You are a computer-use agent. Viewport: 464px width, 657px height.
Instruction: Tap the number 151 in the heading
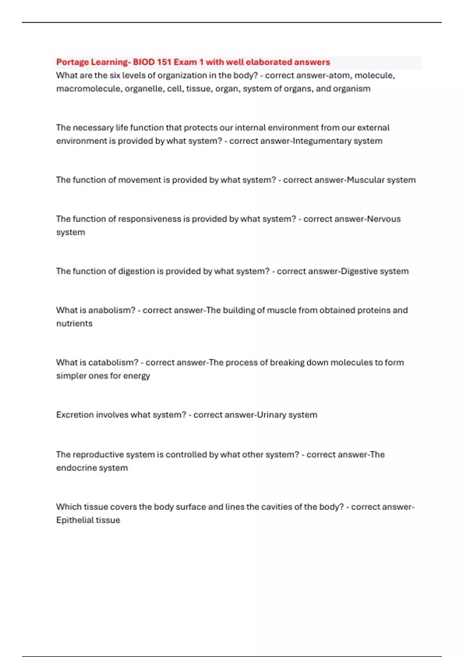(x=164, y=62)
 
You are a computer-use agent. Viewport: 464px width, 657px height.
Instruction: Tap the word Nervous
(x=384, y=219)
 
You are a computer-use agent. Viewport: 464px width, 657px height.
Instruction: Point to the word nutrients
(x=74, y=323)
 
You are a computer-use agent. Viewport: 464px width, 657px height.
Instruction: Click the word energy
(x=136, y=376)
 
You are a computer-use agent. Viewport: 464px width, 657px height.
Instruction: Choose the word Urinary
(x=271, y=415)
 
